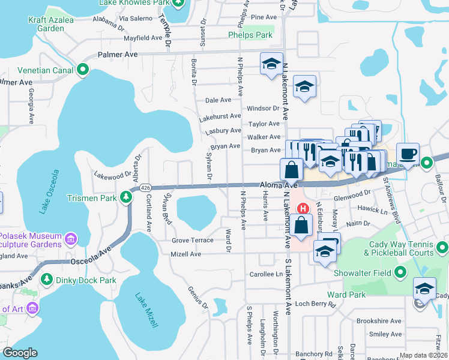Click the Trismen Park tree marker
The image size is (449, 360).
coord(125,196)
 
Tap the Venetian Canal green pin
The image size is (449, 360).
coord(83,70)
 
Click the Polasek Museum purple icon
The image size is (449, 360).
coord(71,240)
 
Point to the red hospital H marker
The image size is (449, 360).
coord(304,209)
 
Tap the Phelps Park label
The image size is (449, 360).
coord(250,35)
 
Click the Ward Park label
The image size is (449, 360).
coord(346,295)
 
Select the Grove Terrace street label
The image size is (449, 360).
coord(193,240)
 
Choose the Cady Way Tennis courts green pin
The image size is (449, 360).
coord(442,247)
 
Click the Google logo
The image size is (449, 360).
coord(20,353)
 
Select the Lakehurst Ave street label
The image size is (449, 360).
coord(223,116)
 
